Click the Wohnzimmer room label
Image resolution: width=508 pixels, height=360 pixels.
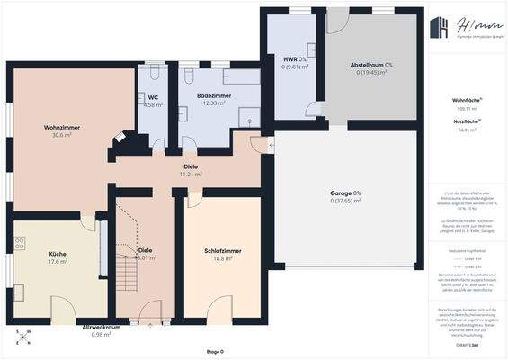point(62,127)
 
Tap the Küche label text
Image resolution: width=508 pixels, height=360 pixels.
point(58,254)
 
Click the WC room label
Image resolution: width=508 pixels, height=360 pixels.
point(153,97)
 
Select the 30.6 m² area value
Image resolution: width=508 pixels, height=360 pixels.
point(62,135)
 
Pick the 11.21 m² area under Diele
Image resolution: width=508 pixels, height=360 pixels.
point(191,174)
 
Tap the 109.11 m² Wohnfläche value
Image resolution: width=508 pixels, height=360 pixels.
point(465,107)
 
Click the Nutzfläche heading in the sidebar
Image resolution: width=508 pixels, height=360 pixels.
point(464,121)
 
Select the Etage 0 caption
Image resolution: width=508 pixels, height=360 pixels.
point(214,352)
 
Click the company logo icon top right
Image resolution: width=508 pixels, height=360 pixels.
point(440,29)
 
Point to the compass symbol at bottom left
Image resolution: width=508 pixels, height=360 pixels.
point(25,339)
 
